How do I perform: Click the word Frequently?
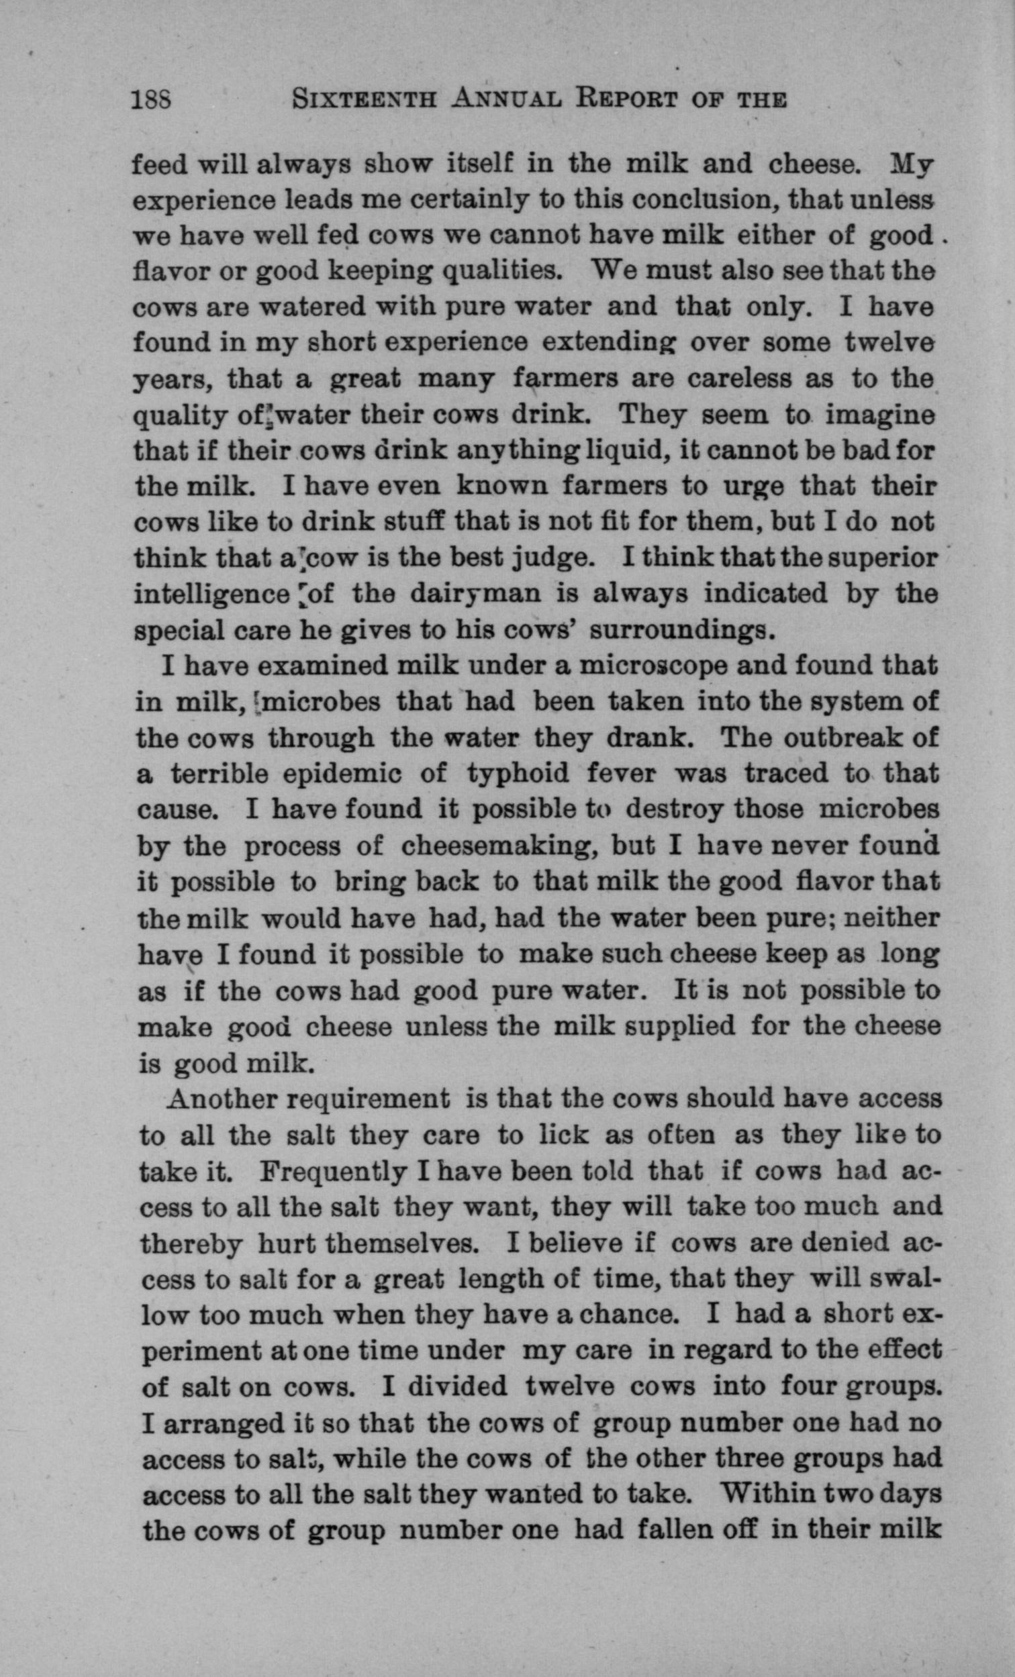[x=335, y=1171]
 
